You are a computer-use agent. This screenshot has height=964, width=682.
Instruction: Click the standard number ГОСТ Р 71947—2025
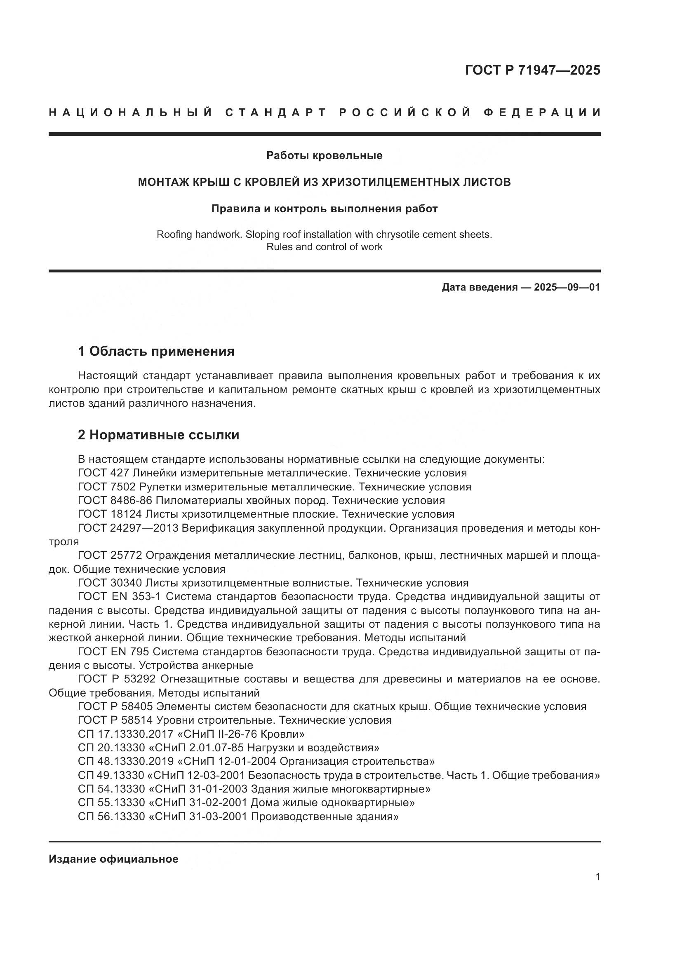(532, 70)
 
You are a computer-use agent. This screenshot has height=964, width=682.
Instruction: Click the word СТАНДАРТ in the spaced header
(276, 113)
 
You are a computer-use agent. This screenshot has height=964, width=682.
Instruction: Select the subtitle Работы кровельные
(324, 156)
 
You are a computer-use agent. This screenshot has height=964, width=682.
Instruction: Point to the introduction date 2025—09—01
(567, 287)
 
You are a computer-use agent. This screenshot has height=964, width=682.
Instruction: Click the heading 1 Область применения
(156, 351)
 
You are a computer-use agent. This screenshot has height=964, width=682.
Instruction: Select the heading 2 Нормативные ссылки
(158, 435)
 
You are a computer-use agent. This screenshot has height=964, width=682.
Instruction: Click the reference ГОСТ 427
(104, 473)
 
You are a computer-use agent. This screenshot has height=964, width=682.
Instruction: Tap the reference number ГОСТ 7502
(107, 487)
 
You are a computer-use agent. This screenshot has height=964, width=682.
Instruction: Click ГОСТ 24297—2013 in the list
(128, 528)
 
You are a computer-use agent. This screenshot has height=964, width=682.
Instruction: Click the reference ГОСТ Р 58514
(115, 720)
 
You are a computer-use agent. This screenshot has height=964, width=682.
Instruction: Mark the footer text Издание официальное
(113, 859)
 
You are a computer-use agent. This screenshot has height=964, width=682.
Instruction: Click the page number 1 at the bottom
(597, 877)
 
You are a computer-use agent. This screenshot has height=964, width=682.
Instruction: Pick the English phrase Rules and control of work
(324, 247)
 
